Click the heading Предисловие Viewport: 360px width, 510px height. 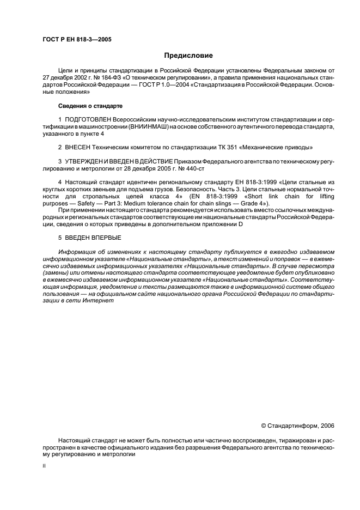point(188,55)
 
